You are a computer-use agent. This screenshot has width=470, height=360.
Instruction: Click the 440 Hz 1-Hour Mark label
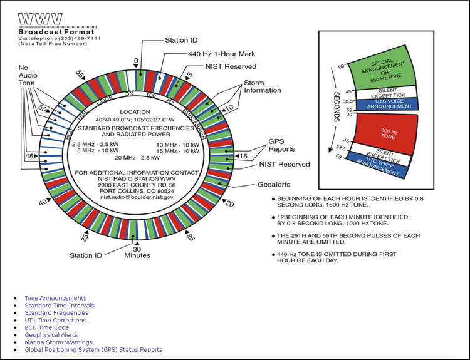tap(218, 54)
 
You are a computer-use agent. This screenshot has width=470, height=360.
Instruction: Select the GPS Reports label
tap(281, 145)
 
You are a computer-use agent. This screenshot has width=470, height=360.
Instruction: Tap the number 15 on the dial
tap(244, 156)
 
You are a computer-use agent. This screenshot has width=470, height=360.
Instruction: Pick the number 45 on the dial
tap(29, 156)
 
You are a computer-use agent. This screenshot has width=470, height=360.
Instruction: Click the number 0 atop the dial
tap(136, 61)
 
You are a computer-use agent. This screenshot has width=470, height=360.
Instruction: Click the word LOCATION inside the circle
tap(136, 111)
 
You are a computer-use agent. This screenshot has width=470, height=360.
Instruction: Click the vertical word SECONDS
tap(336, 108)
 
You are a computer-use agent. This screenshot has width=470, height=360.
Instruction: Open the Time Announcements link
tap(55, 298)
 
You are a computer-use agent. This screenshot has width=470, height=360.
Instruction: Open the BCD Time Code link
tap(46, 327)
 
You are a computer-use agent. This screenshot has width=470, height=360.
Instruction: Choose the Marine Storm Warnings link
tap(58, 342)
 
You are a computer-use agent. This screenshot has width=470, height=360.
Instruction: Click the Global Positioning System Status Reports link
tap(93, 350)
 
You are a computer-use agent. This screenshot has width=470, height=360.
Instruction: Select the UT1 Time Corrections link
tap(55, 320)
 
